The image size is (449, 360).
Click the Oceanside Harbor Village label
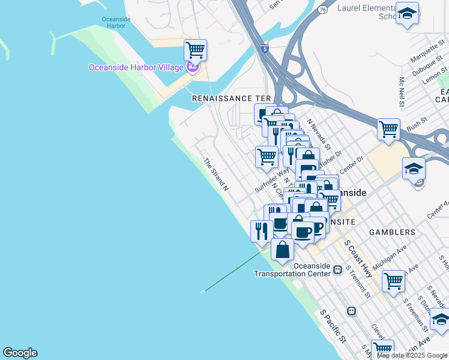(x=136, y=67)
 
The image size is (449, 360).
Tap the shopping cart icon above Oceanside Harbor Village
(x=195, y=50)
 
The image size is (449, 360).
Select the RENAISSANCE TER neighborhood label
(x=231, y=98)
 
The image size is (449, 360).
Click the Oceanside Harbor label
(x=116, y=23)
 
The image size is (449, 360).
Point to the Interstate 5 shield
(x=265, y=49)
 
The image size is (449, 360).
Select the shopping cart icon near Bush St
(x=388, y=129)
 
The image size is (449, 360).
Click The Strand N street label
(x=216, y=175)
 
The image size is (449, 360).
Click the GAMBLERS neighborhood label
(x=392, y=232)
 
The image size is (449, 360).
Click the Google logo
(x=20, y=353)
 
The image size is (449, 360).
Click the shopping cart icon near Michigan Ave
(x=394, y=280)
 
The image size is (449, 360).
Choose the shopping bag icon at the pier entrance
(x=283, y=249)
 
